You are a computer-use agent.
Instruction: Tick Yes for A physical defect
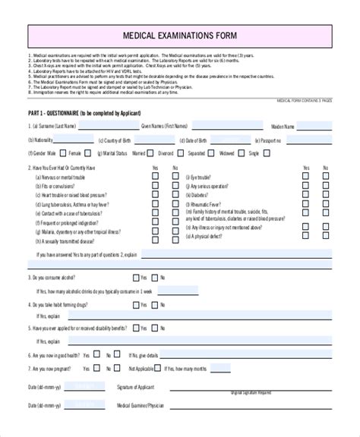click(306, 236)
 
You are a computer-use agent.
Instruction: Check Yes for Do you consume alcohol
click(137, 278)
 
